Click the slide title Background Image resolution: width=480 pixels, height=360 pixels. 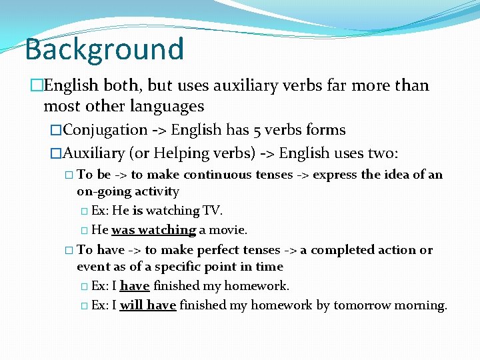coord(104,49)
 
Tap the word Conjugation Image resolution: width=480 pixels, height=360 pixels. coord(106,130)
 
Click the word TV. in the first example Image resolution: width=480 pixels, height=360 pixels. coord(212,211)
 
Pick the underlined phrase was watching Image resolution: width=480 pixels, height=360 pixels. coord(153,230)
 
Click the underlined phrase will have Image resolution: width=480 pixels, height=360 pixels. coord(147,305)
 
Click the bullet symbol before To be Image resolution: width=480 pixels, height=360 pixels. coord(70,175)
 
